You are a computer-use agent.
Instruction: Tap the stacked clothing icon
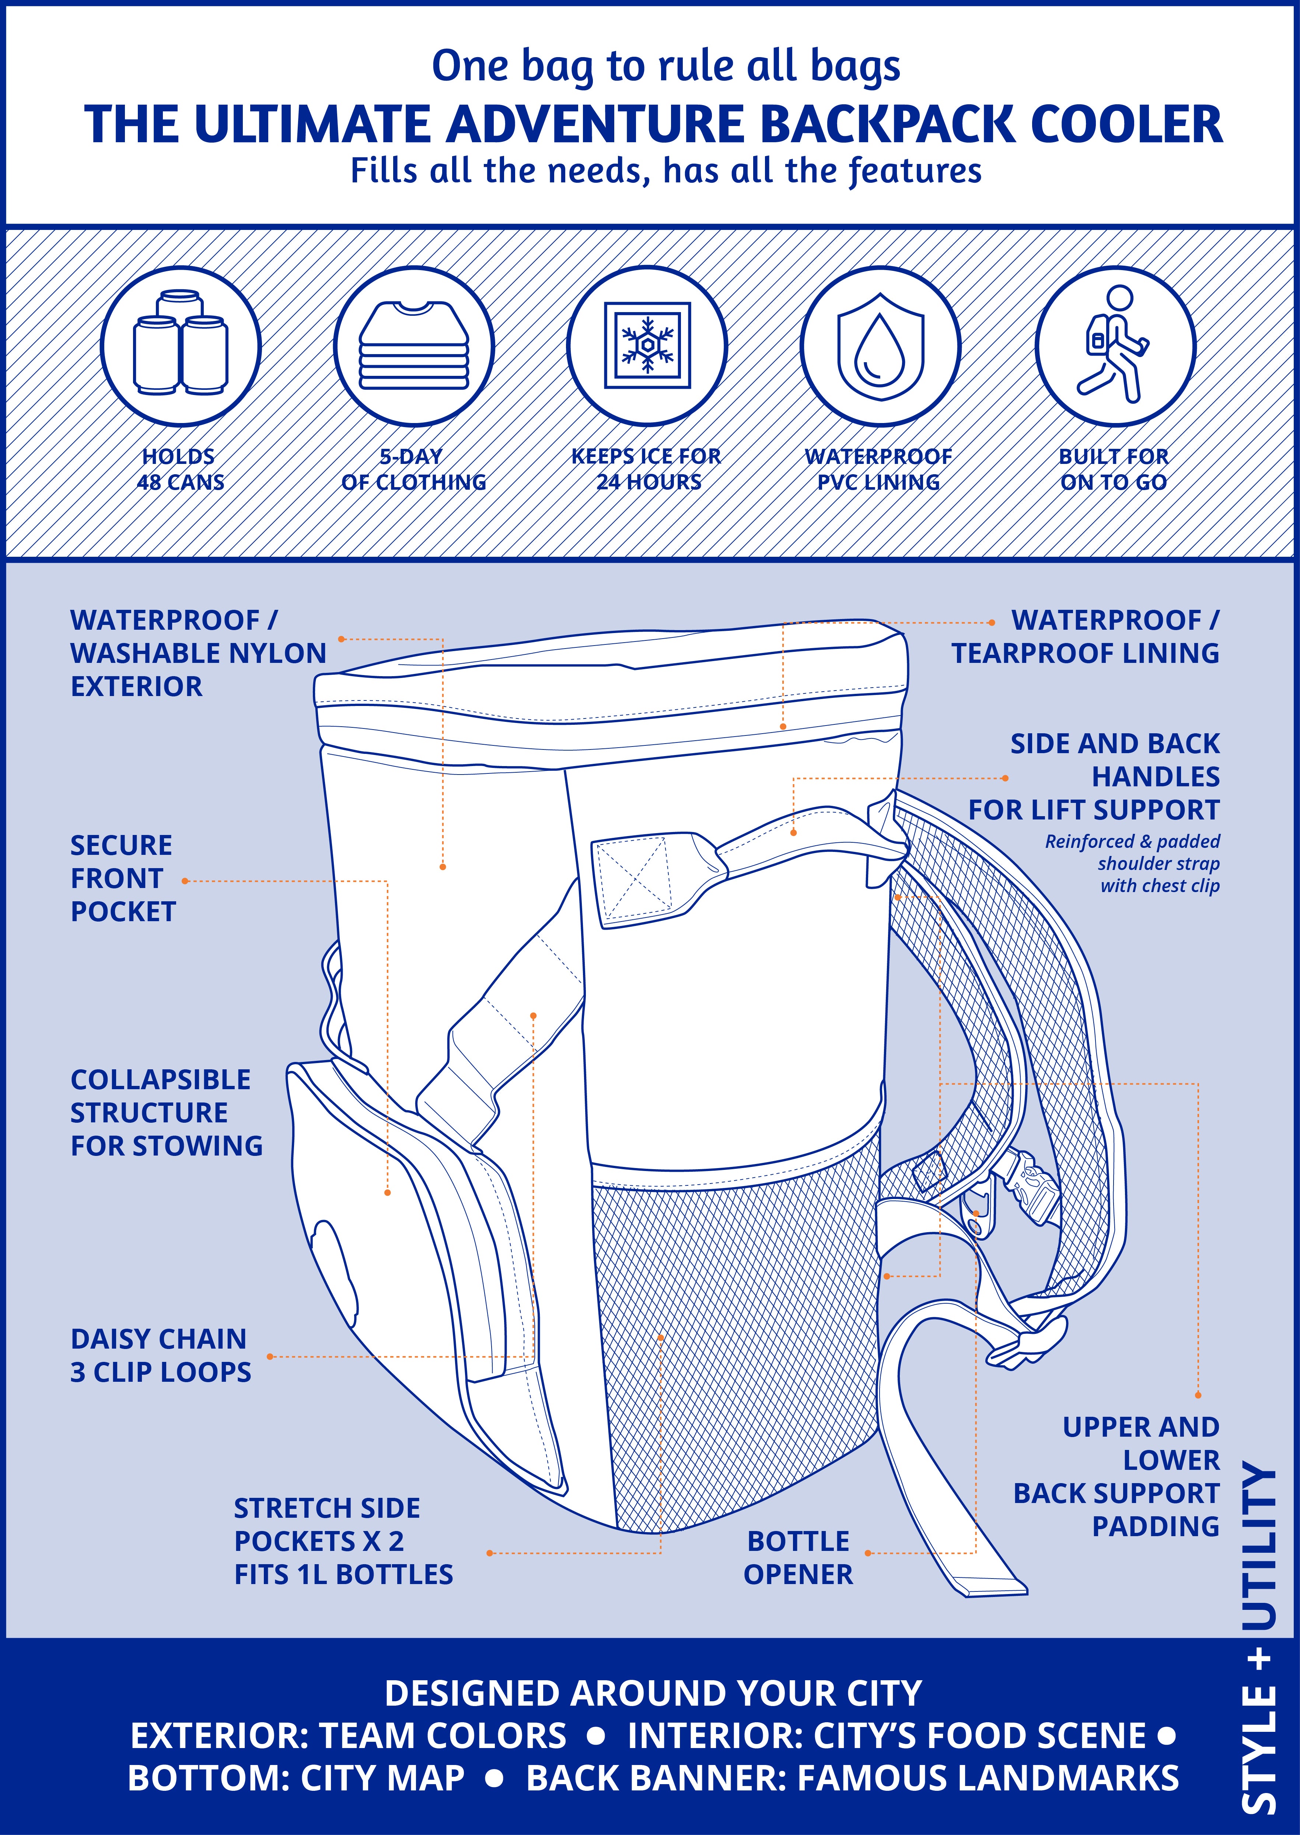tap(413, 346)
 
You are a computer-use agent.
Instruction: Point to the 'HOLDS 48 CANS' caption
tap(180, 469)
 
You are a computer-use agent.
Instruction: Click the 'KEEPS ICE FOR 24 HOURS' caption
tap(647, 469)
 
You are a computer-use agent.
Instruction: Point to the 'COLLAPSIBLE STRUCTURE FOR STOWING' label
tap(166, 1112)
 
